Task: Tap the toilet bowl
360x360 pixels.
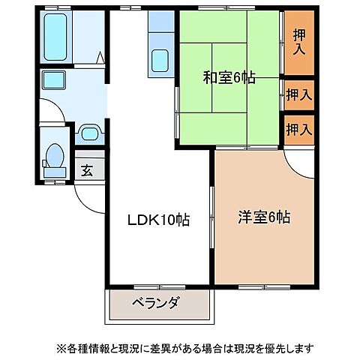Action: click(x=55, y=155)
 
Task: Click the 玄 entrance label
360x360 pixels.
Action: click(x=88, y=170)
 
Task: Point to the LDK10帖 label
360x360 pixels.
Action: click(x=156, y=220)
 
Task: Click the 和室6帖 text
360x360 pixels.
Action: click(x=228, y=77)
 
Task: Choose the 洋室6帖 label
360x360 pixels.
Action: click(x=264, y=218)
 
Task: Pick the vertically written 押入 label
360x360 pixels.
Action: click(x=298, y=43)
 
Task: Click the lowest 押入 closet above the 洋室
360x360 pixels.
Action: click(x=298, y=128)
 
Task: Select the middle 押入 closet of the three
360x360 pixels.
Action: click(x=298, y=94)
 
